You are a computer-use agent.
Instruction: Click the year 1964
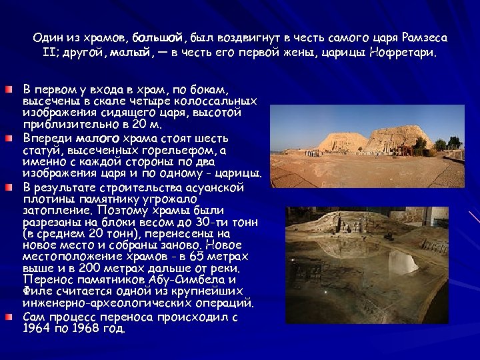[x=37, y=328]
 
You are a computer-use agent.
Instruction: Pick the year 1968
[x=89, y=328]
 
